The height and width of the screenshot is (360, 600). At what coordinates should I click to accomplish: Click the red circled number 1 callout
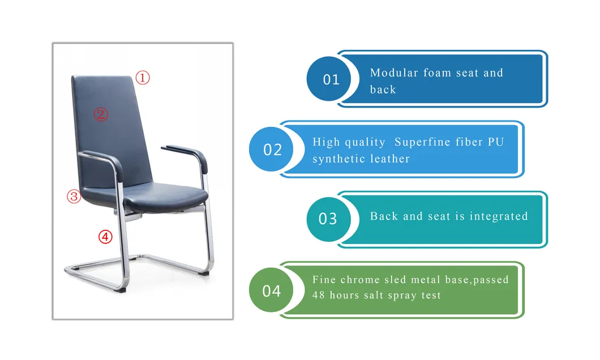tap(142, 78)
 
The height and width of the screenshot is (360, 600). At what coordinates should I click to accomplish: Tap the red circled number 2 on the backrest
tap(100, 115)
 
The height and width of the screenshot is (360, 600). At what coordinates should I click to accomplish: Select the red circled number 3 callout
tap(75, 196)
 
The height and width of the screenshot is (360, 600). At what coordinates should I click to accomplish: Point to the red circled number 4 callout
tap(105, 237)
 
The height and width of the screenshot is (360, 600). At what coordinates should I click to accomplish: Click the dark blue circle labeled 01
tap(331, 79)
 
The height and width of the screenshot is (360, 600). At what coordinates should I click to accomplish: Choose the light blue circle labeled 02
tap(273, 149)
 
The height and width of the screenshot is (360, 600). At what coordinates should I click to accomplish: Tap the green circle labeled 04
tap(272, 290)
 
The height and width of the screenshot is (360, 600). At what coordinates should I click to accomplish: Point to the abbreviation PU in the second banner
tap(496, 142)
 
